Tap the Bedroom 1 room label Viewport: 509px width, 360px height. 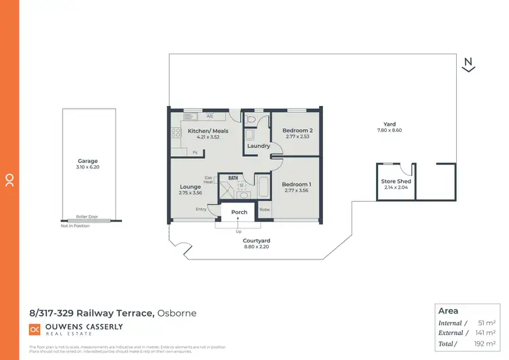coord(296,184)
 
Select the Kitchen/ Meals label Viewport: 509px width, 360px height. coord(208,130)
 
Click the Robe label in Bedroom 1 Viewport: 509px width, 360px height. coord(264,210)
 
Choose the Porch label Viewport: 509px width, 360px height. coord(240,212)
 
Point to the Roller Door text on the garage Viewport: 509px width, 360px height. coord(87,217)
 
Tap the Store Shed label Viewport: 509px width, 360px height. coord(396,181)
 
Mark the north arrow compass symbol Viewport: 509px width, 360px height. coord(468,65)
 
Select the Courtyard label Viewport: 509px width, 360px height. coord(257,240)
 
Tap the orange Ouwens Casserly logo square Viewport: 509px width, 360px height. coord(35,329)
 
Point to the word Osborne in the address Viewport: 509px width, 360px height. coord(178,313)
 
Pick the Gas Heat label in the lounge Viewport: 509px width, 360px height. coord(209,179)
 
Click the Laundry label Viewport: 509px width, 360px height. coord(259,146)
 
